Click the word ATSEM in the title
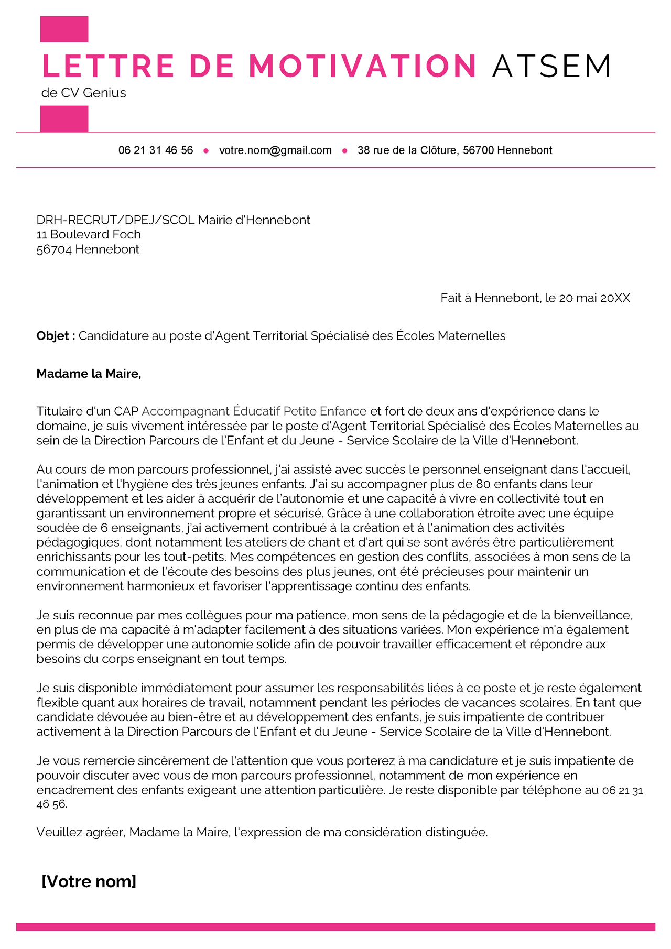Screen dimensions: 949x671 pyautogui.click(x=551, y=67)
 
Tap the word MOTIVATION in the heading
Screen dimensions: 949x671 pyautogui.click(x=363, y=67)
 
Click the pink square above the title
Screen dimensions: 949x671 pyautogui.click(x=64, y=29)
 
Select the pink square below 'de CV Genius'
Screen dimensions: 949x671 pyautogui.click(x=64, y=118)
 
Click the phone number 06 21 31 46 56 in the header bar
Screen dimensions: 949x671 pyautogui.click(x=156, y=150)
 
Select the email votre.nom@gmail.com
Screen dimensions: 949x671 pyautogui.click(x=275, y=150)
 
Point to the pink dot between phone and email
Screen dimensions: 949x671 pyautogui.click(x=206, y=151)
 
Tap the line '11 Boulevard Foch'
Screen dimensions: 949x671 pyautogui.click(x=89, y=234)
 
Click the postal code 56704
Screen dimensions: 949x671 pyautogui.click(x=53, y=249)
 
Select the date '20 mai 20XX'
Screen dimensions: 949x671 pyautogui.click(x=594, y=298)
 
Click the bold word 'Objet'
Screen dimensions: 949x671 pyautogui.click(x=53, y=336)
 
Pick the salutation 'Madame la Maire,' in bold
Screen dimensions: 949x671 pyautogui.click(x=89, y=374)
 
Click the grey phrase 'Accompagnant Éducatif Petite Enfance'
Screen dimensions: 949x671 pyautogui.click(x=254, y=411)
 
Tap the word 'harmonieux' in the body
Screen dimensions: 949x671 pyautogui.click(x=161, y=586)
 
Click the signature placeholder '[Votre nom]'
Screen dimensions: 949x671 pyautogui.click(x=89, y=881)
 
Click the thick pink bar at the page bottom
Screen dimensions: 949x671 pyautogui.click(x=335, y=927)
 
